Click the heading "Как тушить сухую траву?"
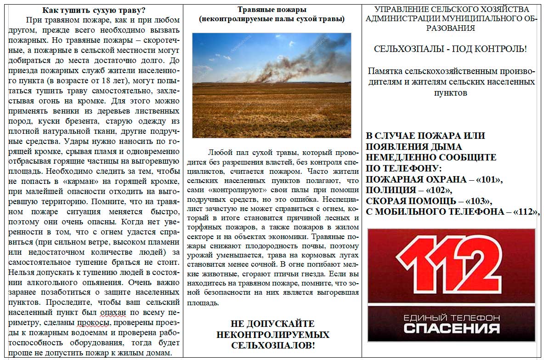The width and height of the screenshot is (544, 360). tap(95, 10)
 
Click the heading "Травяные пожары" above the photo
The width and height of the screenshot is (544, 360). tap(272, 10)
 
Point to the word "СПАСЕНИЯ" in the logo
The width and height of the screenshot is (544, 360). tap(451, 328)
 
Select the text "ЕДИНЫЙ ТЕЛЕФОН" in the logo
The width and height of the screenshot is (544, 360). tap(451, 318)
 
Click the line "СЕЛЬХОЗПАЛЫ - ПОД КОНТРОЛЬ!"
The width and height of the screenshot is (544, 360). tap(450, 49)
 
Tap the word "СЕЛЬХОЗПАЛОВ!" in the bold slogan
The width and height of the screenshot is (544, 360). tap(273, 345)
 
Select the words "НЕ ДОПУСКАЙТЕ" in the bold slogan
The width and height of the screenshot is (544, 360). tap(273, 324)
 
